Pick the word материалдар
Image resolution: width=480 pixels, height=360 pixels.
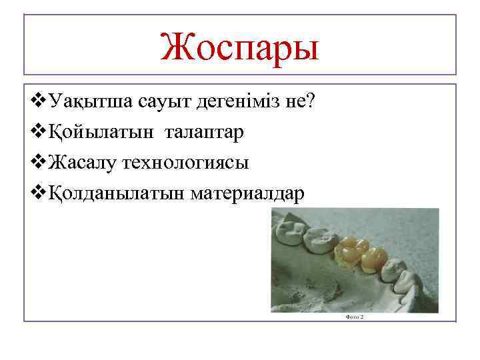tap(247, 193)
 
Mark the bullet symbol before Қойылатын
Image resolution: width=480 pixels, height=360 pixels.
tap(39, 133)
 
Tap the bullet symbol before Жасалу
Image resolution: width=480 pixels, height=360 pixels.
tap(39, 163)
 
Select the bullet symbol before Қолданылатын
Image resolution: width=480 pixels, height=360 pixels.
tap(39, 193)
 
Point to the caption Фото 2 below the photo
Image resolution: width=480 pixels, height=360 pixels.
tap(355, 317)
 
